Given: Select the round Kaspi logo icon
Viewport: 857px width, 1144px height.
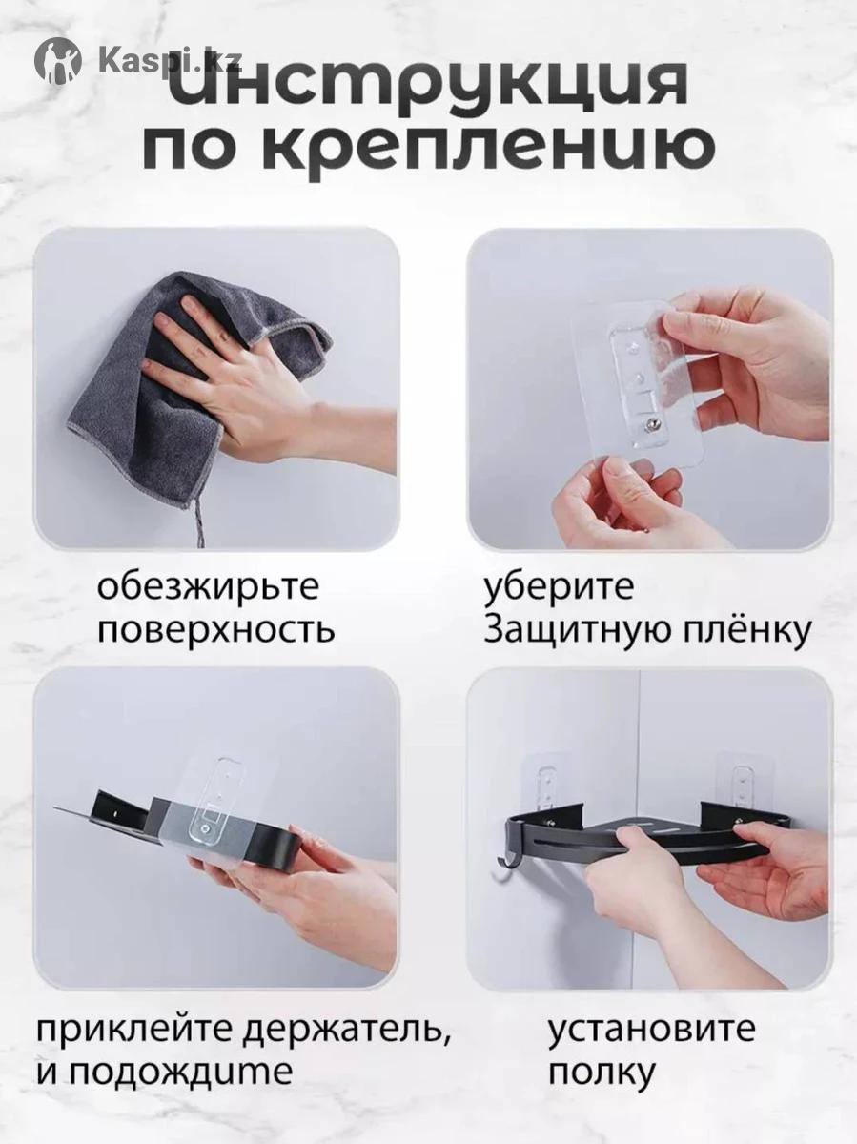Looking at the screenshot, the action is click(x=58, y=60).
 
